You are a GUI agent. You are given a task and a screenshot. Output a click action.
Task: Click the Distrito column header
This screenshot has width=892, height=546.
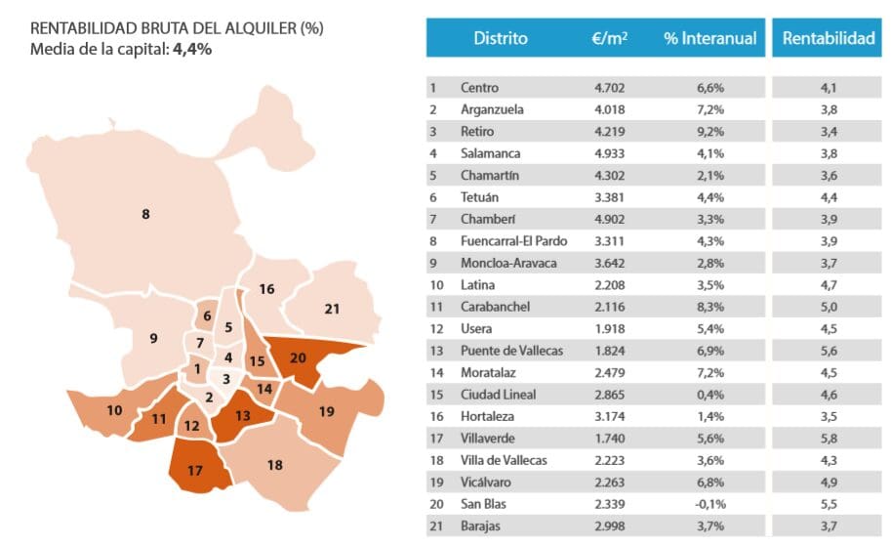pos(500,39)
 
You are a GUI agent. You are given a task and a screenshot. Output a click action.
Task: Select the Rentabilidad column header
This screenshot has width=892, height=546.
pos(829,39)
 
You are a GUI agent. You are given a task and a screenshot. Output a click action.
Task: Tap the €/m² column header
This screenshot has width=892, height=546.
pos(609,39)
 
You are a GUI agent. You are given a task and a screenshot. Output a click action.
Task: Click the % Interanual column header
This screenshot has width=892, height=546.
pos(710,39)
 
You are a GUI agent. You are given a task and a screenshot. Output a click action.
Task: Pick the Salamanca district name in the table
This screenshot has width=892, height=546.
pos(490,153)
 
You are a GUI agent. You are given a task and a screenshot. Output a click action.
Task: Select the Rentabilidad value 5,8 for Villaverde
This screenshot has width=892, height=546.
pos(829,439)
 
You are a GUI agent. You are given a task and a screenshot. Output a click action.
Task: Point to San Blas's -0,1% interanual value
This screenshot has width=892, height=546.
pos(710,504)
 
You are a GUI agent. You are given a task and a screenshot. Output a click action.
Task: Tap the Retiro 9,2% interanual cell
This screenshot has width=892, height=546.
pos(710,132)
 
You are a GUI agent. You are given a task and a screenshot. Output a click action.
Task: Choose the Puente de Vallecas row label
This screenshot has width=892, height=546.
pos(511,351)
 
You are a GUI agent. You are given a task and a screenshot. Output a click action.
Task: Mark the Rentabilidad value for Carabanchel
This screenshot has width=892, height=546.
pos(829,307)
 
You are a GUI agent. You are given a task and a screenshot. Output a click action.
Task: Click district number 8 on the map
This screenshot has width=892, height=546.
pos(145,213)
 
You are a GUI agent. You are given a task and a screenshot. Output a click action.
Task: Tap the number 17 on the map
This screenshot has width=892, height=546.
pos(194,470)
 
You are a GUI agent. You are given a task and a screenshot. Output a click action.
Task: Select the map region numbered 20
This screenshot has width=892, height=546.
pos(299,357)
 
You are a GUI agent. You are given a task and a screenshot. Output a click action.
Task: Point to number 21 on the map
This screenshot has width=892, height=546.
pos(332,309)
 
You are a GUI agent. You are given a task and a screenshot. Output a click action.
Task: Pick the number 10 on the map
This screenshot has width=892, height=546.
pos(114,409)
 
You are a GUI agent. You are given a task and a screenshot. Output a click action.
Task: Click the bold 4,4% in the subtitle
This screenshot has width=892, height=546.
pos(192,49)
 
